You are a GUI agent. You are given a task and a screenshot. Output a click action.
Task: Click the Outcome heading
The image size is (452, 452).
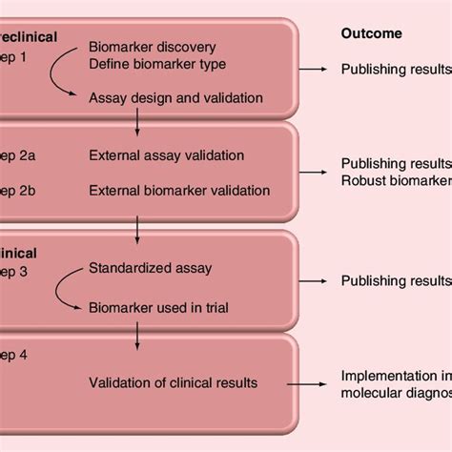(x=371, y=34)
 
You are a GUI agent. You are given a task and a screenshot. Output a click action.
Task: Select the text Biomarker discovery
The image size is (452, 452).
(x=152, y=47)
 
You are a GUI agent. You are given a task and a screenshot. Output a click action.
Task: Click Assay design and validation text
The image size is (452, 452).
(x=175, y=97)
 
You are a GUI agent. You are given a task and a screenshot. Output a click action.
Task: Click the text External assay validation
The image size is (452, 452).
(x=166, y=155)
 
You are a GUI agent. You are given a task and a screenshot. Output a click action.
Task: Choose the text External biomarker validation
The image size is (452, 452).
(x=179, y=190)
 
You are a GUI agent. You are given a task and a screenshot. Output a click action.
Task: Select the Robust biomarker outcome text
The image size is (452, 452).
(x=396, y=180)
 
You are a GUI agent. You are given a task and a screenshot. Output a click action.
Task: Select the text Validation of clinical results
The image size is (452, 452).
(x=174, y=383)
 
